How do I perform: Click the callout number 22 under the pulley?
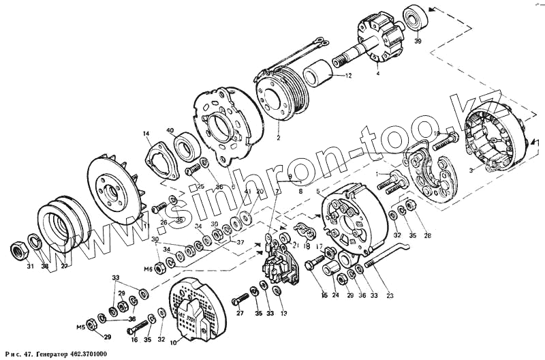point(65,267)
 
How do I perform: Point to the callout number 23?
point(390,296)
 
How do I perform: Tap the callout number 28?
point(428,236)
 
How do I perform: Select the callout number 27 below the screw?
point(239,314)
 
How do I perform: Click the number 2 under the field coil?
point(277,138)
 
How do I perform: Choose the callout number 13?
point(284,314)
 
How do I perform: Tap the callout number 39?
point(418,42)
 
